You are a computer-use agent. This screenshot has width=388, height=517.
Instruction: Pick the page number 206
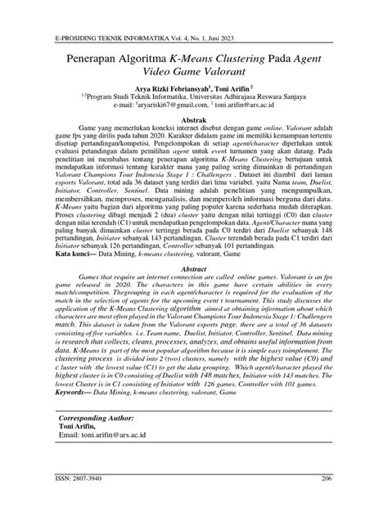point(326,500)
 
